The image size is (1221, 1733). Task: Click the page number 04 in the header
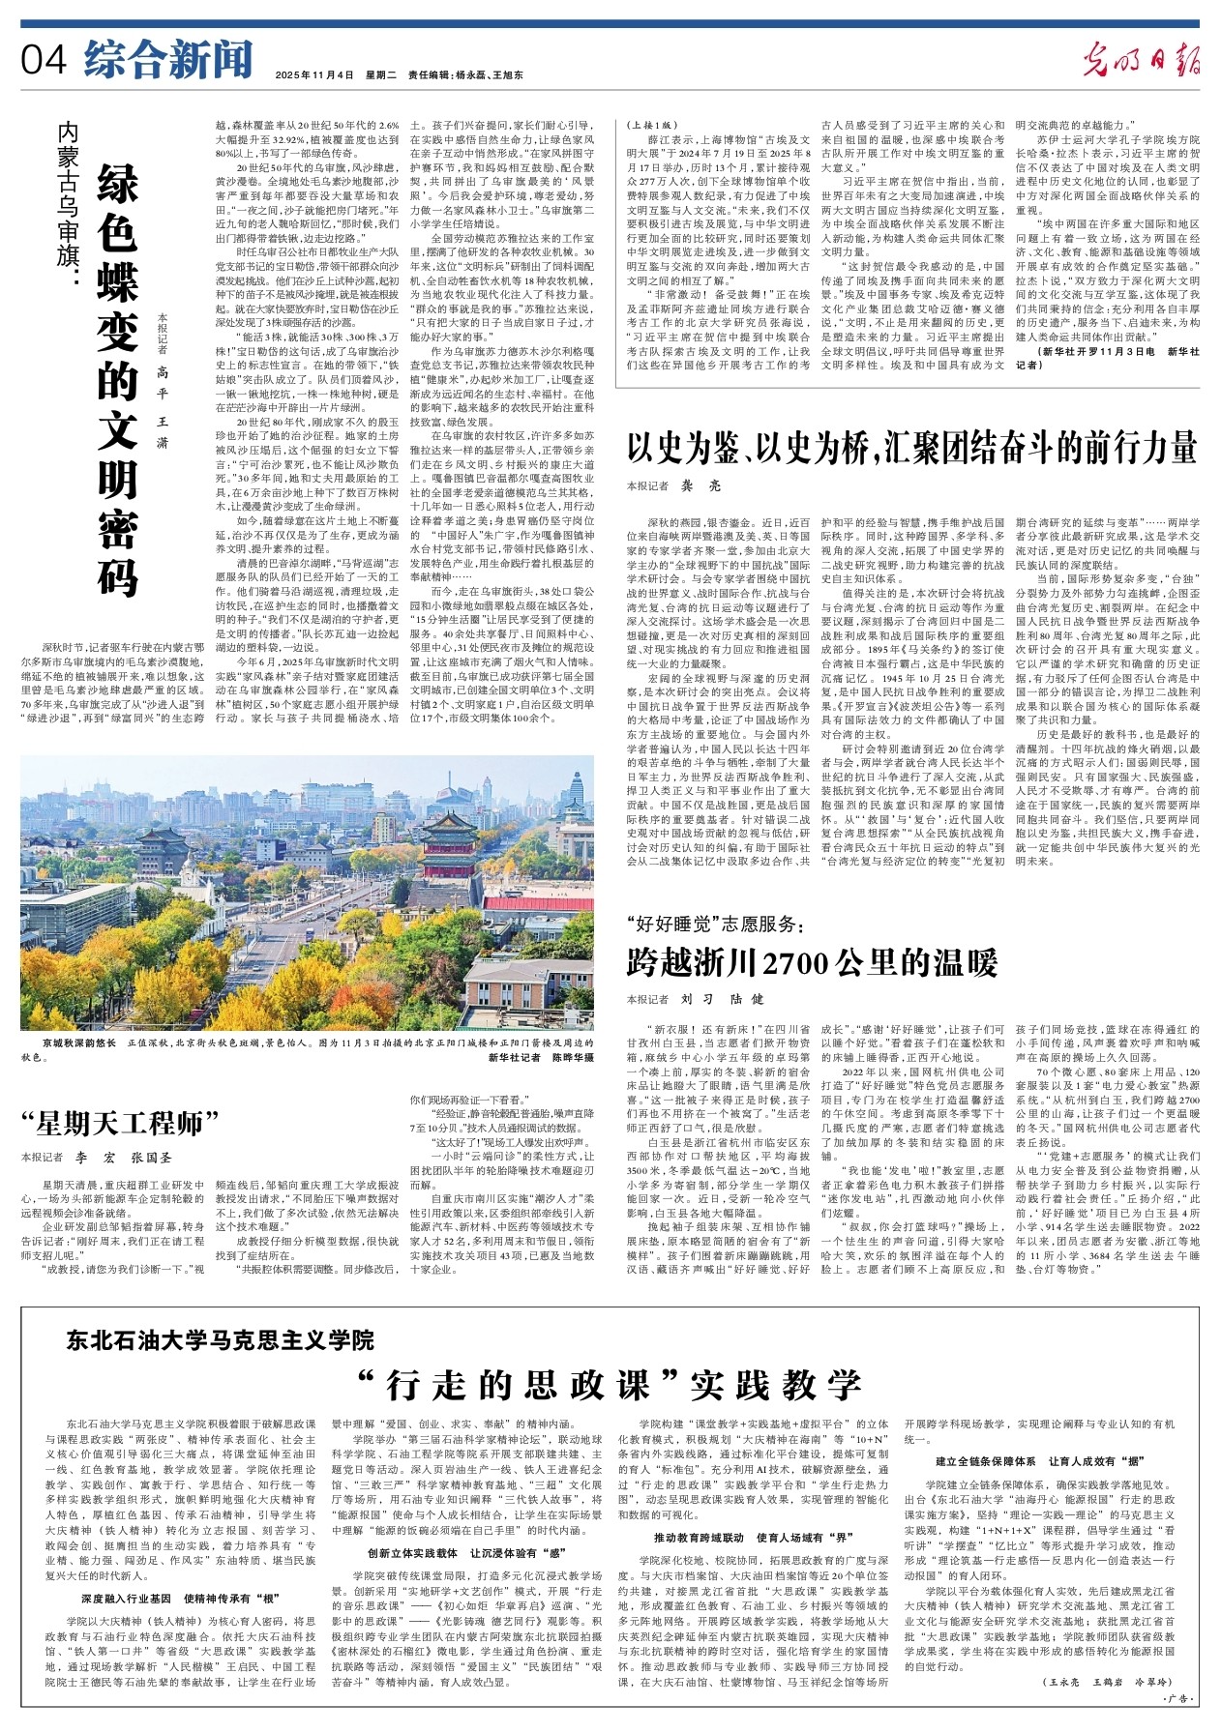coord(45,60)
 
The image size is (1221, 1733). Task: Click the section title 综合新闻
coord(167,59)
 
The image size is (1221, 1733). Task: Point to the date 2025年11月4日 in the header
coord(314,74)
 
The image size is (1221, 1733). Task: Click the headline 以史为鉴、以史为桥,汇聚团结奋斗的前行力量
coord(912,448)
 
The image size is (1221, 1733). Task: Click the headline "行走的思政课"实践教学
coord(609,1384)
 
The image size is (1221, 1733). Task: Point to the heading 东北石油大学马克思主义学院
coord(220,1339)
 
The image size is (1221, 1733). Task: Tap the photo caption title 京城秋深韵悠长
coord(79,1043)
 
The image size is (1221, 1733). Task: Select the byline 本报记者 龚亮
coord(673,485)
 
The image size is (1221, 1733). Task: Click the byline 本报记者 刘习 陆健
coord(695,998)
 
